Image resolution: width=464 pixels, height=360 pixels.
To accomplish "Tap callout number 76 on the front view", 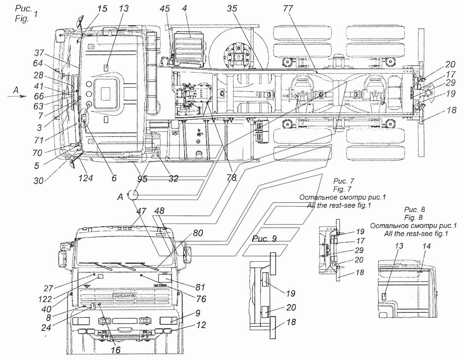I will coord(201,299).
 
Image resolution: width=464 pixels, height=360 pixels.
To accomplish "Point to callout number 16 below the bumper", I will coord(114,349).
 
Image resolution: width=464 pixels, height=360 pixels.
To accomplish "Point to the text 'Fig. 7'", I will coord(344,188).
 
